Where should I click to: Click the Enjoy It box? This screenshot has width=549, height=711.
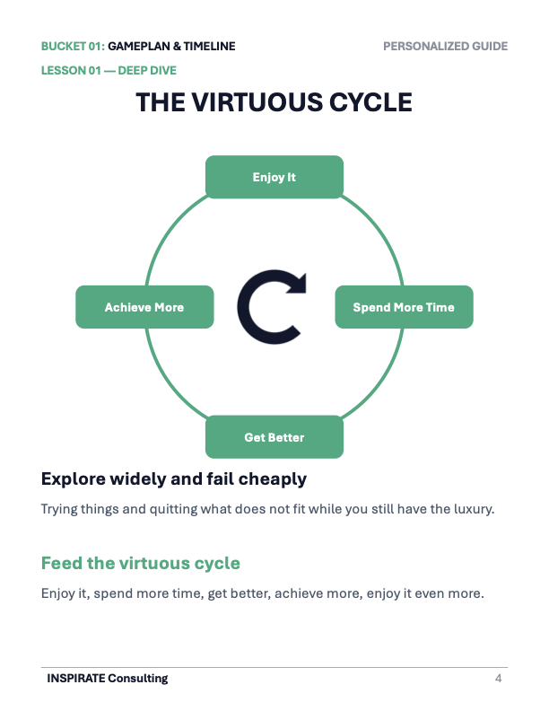[x=274, y=177]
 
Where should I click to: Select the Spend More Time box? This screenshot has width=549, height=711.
[x=404, y=307]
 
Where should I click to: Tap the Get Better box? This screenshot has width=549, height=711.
[x=274, y=437]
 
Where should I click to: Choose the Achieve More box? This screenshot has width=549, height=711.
[x=144, y=307]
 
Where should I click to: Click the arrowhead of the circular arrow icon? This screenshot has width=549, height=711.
[x=297, y=283]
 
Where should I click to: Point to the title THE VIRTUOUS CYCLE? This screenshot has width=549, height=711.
[x=274, y=102]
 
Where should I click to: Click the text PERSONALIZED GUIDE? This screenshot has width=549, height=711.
[x=445, y=47]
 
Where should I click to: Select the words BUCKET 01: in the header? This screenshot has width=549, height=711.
[x=73, y=47]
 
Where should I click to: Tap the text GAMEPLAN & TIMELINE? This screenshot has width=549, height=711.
[x=171, y=47]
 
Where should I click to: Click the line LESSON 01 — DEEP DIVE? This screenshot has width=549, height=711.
[x=109, y=71]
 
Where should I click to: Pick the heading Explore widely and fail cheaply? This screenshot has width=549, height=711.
[x=174, y=479]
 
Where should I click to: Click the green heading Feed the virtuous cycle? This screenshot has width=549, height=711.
[x=141, y=563]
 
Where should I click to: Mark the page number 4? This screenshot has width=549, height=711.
[x=498, y=679]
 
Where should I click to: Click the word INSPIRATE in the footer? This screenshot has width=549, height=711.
[x=76, y=679]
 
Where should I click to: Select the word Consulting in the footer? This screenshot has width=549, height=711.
[x=138, y=679]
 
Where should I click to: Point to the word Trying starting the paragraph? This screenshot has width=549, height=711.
[x=59, y=509]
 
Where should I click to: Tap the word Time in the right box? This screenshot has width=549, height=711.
[x=440, y=307]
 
